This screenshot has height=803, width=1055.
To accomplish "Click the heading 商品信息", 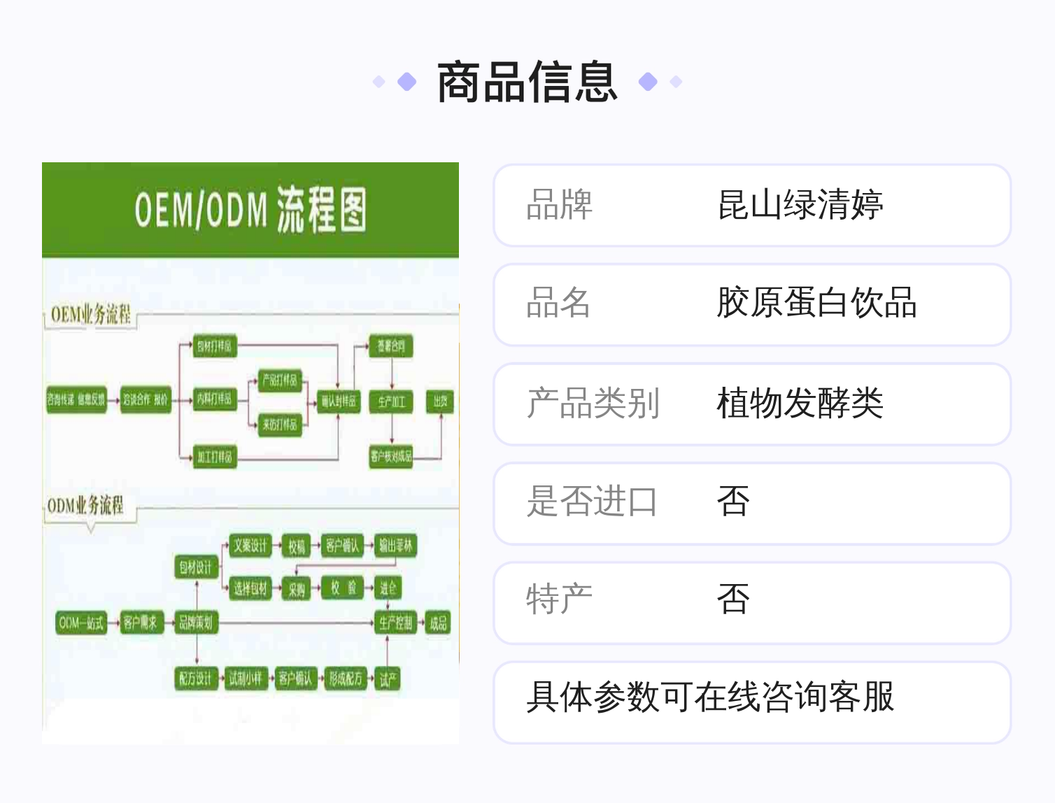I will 527,83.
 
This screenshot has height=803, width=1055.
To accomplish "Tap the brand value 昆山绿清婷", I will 800,205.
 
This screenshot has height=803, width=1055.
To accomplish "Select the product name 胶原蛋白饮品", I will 816,304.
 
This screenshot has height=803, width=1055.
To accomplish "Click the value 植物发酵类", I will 800,403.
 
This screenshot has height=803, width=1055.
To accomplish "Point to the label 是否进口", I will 592,502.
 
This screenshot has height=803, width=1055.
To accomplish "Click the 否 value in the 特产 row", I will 733,600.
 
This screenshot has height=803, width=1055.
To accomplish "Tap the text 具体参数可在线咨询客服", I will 710,697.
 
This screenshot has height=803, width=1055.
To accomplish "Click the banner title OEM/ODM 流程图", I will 250,210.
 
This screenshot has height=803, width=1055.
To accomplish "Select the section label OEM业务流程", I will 90,315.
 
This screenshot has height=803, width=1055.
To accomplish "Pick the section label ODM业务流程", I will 85,505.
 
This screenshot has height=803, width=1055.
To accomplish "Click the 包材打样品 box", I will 214,346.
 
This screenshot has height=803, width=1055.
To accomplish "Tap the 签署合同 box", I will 391,346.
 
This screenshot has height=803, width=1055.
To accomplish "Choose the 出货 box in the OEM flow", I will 440,401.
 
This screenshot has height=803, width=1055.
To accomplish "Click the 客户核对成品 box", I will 391,457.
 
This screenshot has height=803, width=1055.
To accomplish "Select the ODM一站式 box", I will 81,623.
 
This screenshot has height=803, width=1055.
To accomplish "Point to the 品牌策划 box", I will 195,623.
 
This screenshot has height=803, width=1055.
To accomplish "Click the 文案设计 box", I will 250,546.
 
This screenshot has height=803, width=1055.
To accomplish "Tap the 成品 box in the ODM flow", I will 438,623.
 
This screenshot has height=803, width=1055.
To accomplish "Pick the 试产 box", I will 388,678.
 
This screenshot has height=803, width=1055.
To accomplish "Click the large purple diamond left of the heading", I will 406,83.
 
